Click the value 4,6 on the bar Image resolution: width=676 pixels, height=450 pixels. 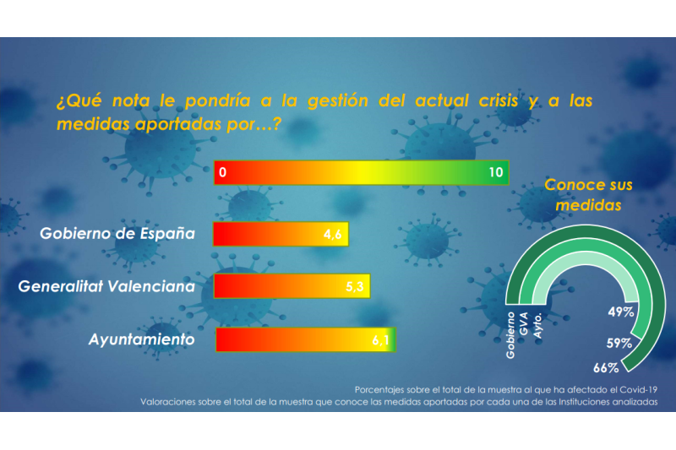click(332, 235)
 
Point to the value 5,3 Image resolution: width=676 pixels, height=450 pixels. click(355, 287)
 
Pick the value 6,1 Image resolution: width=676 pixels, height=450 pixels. click(380, 340)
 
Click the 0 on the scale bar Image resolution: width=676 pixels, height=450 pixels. click(222, 172)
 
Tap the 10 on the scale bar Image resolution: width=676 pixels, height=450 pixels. click(496, 172)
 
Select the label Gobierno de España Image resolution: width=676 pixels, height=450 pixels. click(117, 233)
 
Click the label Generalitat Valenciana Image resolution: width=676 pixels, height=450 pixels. click(106, 286)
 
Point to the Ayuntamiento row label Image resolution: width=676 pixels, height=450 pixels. click(142, 339)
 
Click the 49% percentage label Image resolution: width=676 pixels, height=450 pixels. click(621, 312)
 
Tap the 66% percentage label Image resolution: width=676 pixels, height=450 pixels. click(606, 367)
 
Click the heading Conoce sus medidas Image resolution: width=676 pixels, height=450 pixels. click(588, 194)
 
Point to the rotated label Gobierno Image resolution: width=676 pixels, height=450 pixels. click(510, 335)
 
